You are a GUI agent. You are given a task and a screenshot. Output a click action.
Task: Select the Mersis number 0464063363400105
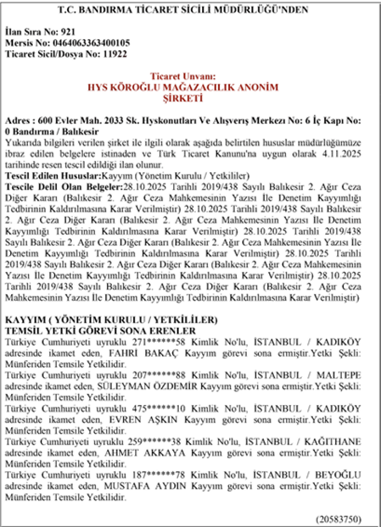pyautogui.click(x=90, y=42)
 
